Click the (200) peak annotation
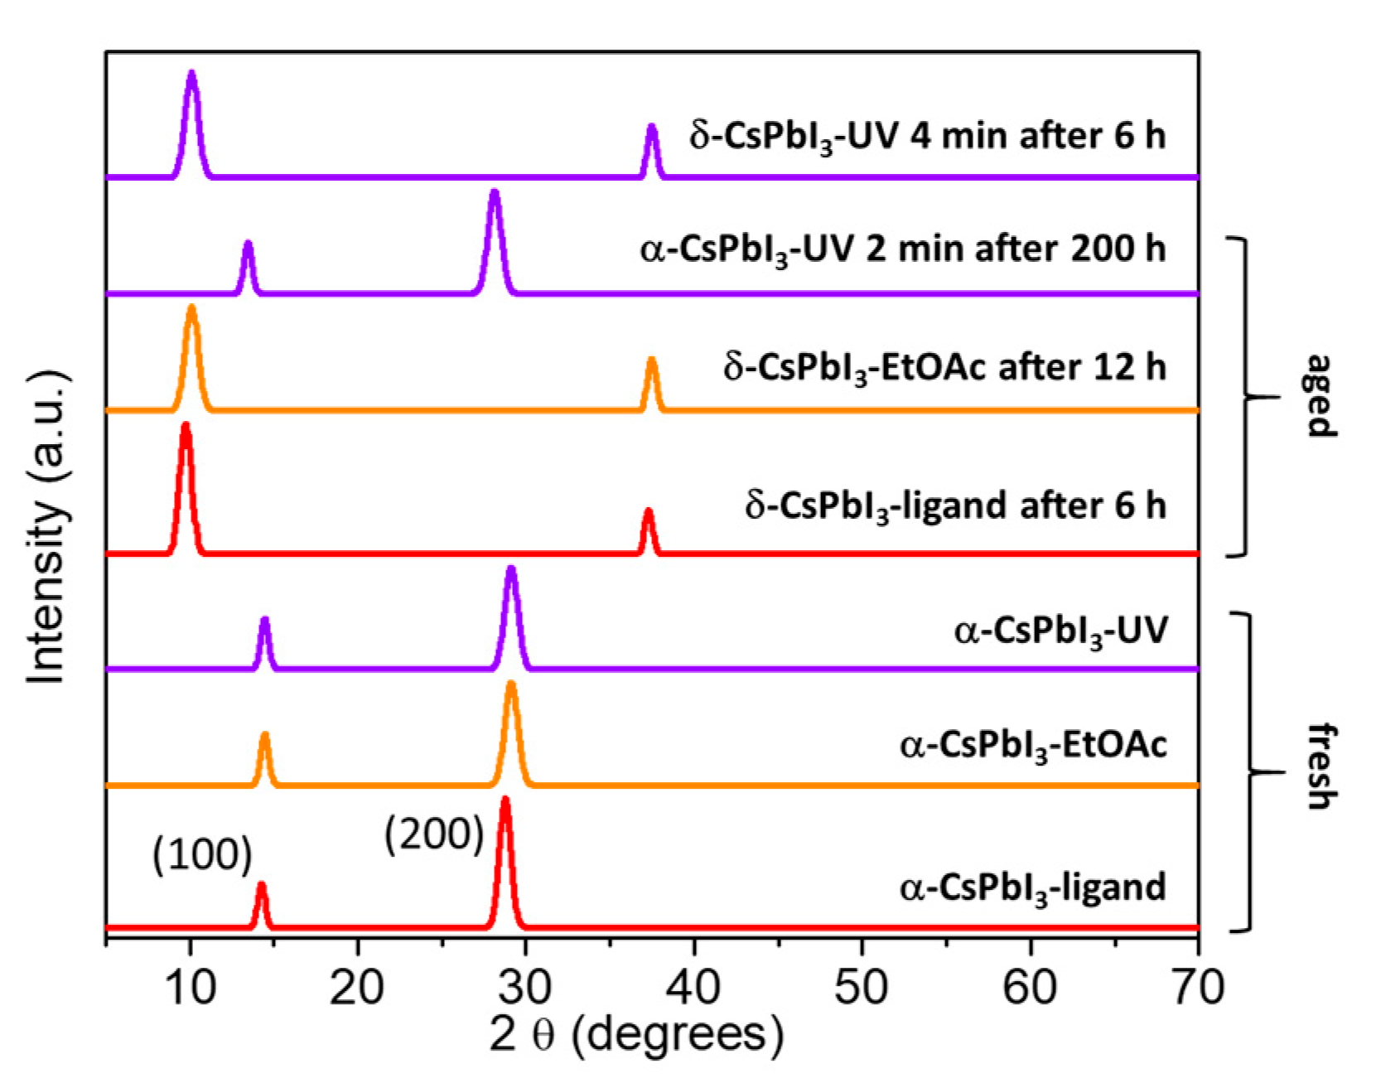click(434, 834)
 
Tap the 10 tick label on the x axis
click(190, 987)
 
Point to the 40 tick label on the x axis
click(693, 987)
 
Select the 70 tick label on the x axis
click(1197, 987)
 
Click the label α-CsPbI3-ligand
click(1033, 888)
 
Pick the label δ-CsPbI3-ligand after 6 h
click(955, 506)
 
